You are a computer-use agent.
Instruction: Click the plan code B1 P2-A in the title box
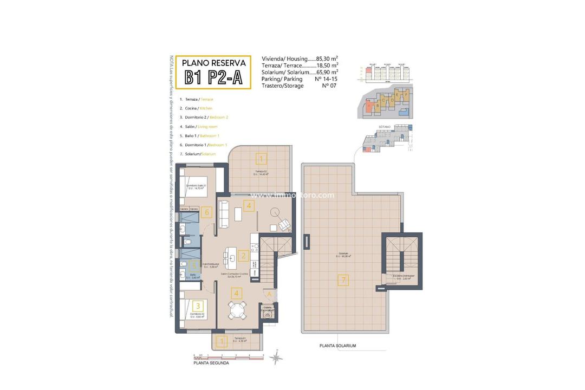coord(213,77)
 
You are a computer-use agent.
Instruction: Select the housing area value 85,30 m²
coord(327,58)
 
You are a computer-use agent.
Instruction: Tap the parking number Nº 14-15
coord(327,79)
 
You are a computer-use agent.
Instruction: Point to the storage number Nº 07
coord(329,86)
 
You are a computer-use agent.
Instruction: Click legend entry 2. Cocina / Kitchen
coord(198,108)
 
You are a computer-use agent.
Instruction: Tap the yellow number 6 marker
coord(206,212)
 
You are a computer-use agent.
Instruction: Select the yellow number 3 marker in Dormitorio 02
coord(198,306)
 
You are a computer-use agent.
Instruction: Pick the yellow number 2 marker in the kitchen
coord(244,256)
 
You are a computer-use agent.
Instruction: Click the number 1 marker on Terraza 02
coord(261,159)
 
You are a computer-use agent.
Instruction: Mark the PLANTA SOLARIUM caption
coord(337,346)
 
